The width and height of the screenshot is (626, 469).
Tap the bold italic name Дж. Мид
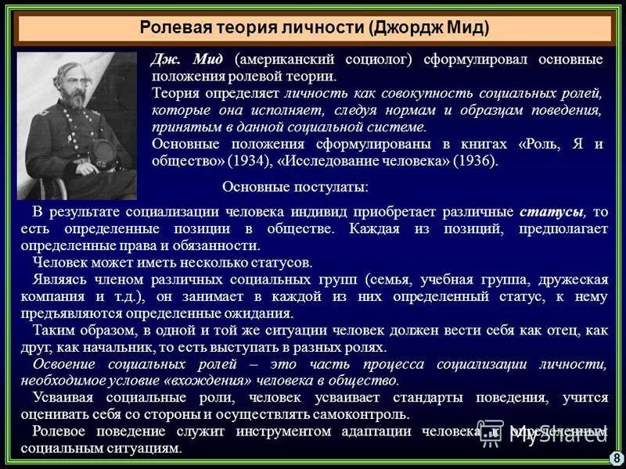[188, 60]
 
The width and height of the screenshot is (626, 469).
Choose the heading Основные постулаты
[295, 188]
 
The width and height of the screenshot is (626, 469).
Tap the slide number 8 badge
[617, 457]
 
